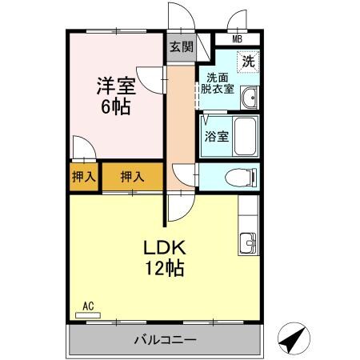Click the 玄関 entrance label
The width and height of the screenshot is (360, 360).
[x=181, y=46]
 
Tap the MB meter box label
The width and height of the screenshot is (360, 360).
[x=237, y=39]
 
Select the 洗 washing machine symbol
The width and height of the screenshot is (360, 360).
[x=249, y=61]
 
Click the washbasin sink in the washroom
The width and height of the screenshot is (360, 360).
[x=250, y=98]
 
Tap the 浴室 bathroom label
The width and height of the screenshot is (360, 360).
[x=217, y=136]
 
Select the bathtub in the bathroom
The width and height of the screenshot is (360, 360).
[x=245, y=136]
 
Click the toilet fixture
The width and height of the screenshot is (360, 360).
[x=240, y=176]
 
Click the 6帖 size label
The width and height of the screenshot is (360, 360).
[x=115, y=106]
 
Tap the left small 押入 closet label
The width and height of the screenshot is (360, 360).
[x=82, y=177]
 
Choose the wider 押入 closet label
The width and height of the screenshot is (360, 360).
[x=132, y=177]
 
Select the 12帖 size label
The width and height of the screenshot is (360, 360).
[x=164, y=268]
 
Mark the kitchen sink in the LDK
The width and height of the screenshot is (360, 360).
[x=249, y=242]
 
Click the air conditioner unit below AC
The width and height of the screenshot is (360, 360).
[x=88, y=315]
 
